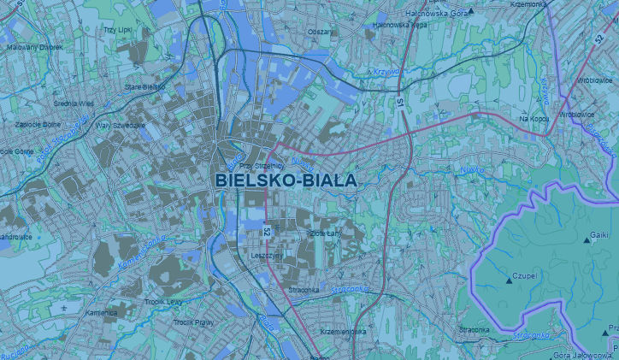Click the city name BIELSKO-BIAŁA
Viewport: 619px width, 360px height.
(x=286, y=180)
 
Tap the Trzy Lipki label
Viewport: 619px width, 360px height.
(x=116, y=30)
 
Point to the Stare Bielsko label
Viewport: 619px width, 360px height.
(x=144, y=87)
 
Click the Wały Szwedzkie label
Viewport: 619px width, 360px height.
(x=121, y=125)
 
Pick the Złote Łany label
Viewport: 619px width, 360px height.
(x=325, y=233)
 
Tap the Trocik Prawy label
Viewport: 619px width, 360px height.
(x=193, y=322)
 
